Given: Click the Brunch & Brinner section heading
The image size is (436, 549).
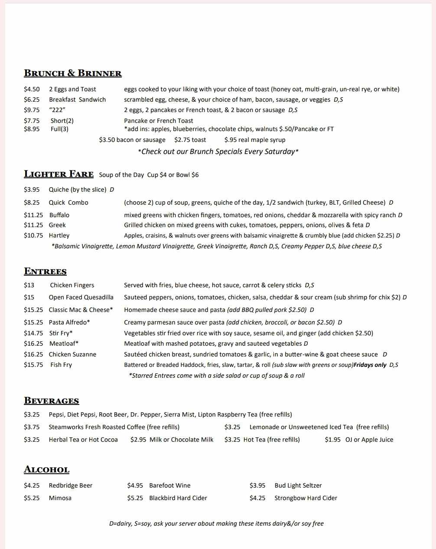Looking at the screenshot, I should pos(73,73).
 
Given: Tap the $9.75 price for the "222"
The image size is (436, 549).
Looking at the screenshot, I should pos(32,110).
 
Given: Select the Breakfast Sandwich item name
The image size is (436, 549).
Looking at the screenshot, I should pos(77,100).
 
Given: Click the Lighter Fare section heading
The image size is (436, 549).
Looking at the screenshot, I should pos(59,174).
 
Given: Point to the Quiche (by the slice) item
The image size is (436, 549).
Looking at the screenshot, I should pos(78,189).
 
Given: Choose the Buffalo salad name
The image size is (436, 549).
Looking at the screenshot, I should pos(59,215).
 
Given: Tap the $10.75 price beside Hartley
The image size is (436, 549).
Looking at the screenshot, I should pos(33,235).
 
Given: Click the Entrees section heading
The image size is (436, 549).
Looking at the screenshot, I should pos(46,271).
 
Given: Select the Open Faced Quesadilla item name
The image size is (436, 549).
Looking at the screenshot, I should pos(81,297).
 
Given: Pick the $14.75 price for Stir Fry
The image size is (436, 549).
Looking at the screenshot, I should pos(33,333).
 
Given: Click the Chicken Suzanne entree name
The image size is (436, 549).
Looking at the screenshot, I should pos(72,354).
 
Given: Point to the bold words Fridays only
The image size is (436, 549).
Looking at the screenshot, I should pos(370,365).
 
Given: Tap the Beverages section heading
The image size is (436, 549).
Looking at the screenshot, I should pos(52,401).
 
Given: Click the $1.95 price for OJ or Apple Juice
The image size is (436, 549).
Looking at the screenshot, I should pos(332,440).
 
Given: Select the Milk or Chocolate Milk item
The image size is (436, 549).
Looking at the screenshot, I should pos(181,440).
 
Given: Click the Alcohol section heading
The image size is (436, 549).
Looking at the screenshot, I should pos(47,469).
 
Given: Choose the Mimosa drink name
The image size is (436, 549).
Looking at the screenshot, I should pos(60,498).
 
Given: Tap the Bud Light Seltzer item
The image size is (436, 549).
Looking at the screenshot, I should pos(298,485).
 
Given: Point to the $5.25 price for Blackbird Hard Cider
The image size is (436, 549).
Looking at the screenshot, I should pos(135,498).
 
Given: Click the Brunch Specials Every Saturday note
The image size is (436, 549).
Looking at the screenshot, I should pos(218,151).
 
